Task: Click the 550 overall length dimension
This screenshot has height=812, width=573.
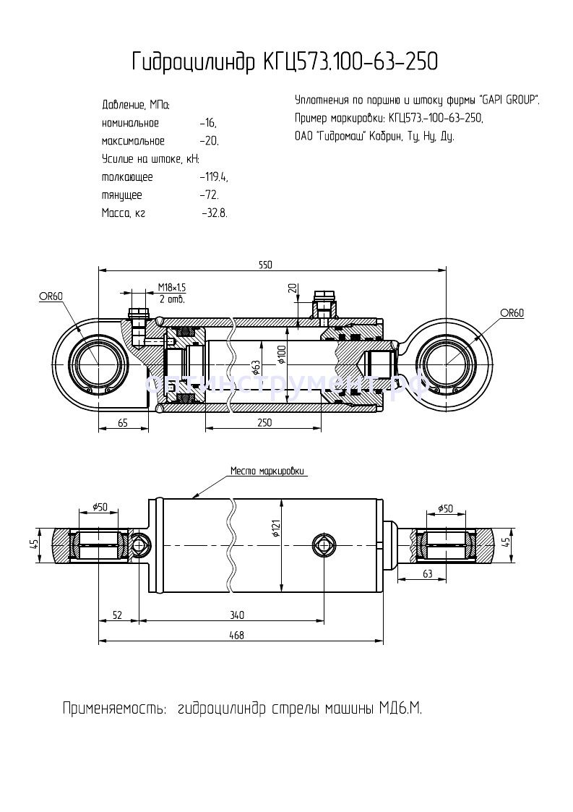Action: [265, 265]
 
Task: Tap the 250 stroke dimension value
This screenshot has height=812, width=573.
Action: [264, 423]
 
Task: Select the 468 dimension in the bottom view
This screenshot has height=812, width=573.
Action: [236, 635]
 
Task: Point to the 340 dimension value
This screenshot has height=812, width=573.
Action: [236, 615]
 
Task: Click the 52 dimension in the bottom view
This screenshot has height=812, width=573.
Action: [117, 615]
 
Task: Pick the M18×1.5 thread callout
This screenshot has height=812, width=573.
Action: [172, 288]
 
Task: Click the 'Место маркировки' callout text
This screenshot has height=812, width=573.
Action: [268, 471]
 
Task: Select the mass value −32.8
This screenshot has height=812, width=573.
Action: [215, 213]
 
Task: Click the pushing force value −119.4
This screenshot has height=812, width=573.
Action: [214, 177]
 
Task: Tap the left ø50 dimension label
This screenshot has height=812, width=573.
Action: [100, 508]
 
